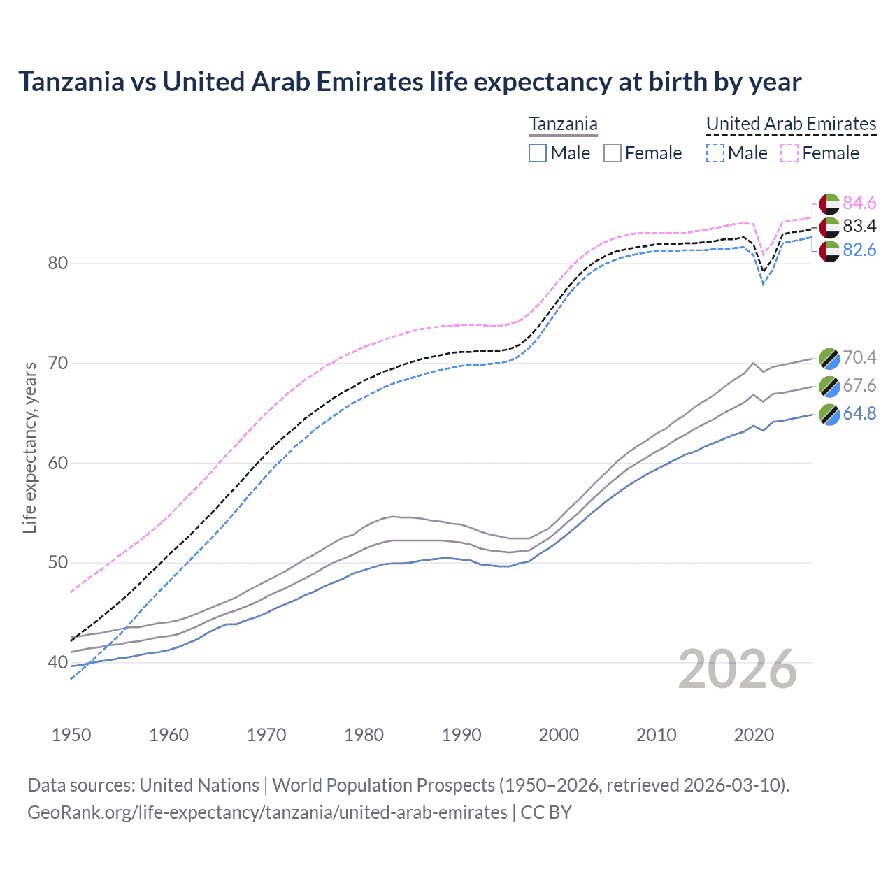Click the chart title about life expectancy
click(x=410, y=82)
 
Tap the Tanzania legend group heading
click(x=563, y=124)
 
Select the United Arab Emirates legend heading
click(x=791, y=124)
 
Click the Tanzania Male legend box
click(x=538, y=153)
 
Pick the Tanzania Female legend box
click(x=613, y=153)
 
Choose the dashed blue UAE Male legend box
click(x=715, y=153)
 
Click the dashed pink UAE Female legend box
click(x=789, y=153)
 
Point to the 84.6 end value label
click(x=859, y=203)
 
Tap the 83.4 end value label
click(x=859, y=226)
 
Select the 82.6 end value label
click(x=859, y=250)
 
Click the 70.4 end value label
click(x=859, y=357)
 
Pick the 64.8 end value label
click(x=859, y=413)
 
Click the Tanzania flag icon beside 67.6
click(x=829, y=386)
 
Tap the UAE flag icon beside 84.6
click(x=829, y=203)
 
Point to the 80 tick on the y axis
click(x=58, y=264)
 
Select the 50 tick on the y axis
click(x=58, y=563)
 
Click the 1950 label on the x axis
click(x=71, y=735)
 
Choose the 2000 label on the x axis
click(x=559, y=735)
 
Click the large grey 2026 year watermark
click(x=738, y=669)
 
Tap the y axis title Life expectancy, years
click(x=30, y=447)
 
